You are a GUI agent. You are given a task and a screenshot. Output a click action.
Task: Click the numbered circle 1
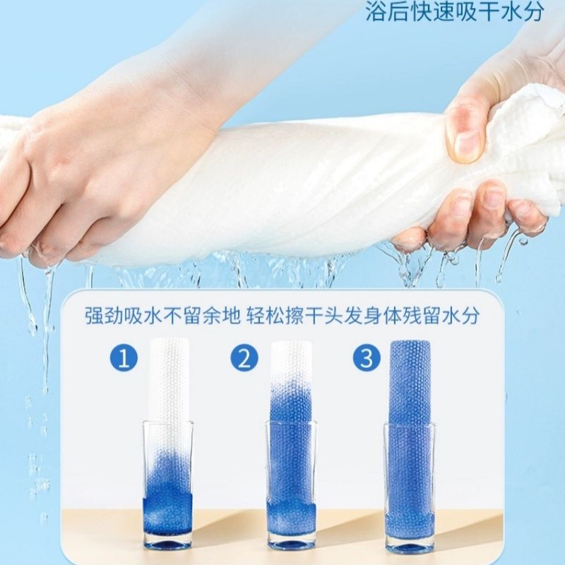pyautogui.click(x=124, y=359)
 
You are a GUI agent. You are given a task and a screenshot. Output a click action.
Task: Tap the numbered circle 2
pyautogui.click(x=244, y=359)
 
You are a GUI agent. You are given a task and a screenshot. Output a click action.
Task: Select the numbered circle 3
pyautogui.click(x=367, y=359)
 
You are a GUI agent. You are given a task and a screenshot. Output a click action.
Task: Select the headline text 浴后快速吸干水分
pyautogui.click(x=455, y=11)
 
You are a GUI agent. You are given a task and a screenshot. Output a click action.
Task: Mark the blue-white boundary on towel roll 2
pyautogui.click(x=291, y=393)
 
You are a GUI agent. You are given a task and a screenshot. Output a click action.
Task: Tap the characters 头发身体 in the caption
pyautogui.click(x=364, y=315)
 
